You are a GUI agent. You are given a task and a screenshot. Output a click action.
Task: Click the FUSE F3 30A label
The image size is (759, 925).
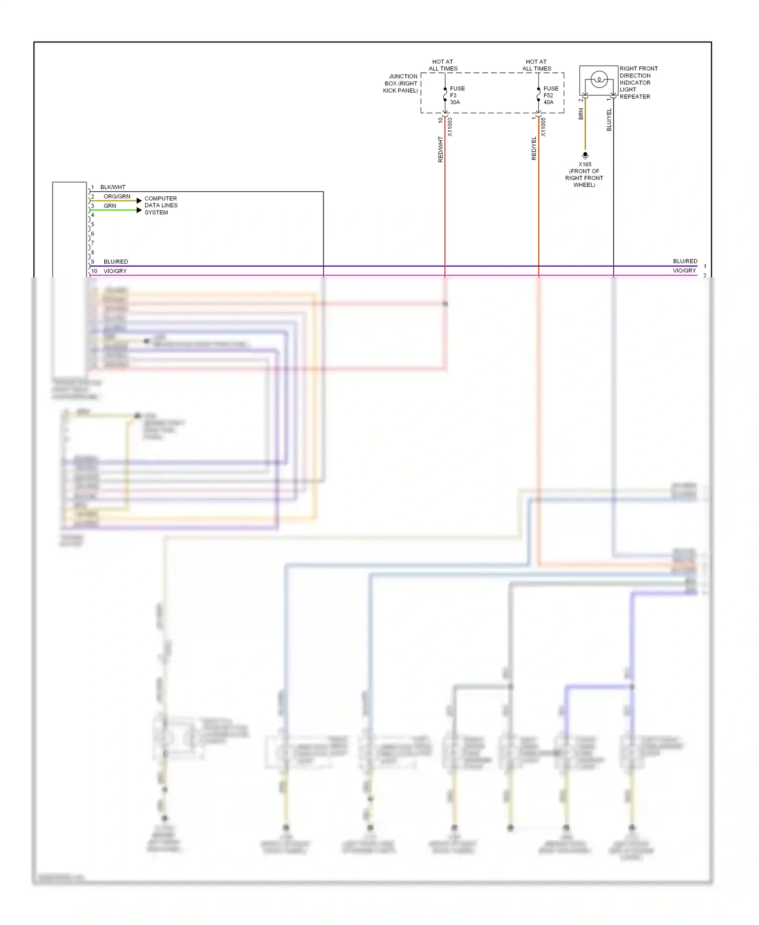(456, 95)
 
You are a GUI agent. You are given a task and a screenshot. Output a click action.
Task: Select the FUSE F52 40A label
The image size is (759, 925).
(550, 95)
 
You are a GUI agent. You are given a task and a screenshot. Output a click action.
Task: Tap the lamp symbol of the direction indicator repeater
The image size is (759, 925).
(599, 79)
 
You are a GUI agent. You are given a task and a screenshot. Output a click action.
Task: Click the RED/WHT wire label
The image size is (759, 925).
(440, 149)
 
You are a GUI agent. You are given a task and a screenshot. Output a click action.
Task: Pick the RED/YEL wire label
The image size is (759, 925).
(534, 149)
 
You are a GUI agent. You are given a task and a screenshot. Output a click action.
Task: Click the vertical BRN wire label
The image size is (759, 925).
(581, 114)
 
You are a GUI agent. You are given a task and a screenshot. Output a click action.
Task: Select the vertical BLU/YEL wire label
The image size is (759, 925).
(609, 120)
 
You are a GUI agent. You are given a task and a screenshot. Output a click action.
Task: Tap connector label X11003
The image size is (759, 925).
(450, 127)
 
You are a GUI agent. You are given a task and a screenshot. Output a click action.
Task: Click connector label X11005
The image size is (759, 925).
(543, 127)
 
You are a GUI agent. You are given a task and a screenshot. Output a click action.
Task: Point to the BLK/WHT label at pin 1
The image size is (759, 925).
(113, 187)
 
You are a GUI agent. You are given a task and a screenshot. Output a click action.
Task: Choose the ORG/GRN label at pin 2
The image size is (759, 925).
(117, 196)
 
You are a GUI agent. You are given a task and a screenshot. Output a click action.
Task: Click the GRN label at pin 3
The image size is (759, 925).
(110, 206)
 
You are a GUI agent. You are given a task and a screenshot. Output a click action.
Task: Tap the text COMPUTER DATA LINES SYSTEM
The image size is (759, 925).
(161, 205)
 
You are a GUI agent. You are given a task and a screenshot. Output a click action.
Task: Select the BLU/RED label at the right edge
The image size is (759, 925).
(685, 261)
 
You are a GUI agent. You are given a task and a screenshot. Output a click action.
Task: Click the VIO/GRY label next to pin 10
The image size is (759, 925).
(115, 271)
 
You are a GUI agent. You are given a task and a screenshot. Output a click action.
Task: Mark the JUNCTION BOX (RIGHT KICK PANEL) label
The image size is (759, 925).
(401, 83)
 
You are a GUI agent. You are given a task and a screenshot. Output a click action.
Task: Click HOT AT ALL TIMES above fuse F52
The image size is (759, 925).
(536, 65)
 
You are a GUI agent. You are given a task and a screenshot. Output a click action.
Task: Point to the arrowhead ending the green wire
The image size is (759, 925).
(139, 210)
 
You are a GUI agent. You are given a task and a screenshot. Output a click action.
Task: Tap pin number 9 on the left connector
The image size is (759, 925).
(93, 262)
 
